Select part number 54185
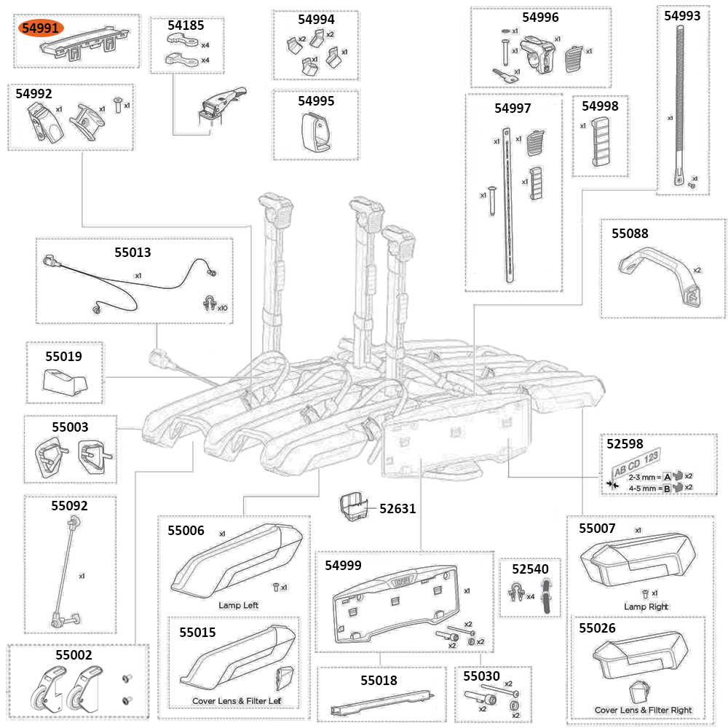186,25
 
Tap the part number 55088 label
630,234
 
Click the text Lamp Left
238,605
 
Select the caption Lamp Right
646,606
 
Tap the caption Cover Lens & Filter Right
643,710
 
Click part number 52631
397,508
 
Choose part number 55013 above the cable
132,253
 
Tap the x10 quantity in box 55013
221,308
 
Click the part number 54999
343,565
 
